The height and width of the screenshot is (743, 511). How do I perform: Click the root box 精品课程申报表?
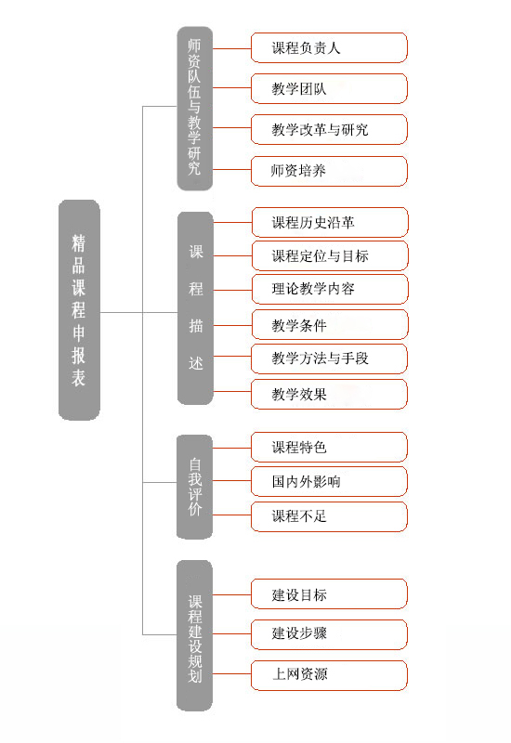[79, 310]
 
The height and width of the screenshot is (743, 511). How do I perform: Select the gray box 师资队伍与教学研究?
[194, 109]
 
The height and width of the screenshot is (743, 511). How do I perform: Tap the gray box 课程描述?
[195, 308]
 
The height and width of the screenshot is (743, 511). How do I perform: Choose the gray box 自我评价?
[194, 487]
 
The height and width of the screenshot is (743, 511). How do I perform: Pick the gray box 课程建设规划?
[194, 635]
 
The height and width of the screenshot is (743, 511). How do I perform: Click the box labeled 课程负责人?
[329, 48]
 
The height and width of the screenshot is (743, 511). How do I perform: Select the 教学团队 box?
[329, 88]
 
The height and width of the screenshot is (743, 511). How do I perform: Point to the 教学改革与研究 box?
[329, 129]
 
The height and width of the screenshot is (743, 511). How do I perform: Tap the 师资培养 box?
[329, 171]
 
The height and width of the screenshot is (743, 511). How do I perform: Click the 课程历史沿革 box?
[330, 222]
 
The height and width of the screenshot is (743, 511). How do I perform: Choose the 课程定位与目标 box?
[330, 256]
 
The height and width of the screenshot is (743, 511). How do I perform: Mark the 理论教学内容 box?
[330, 289]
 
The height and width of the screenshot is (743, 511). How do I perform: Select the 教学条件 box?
[330, 324]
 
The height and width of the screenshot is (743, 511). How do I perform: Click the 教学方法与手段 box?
[329, 358]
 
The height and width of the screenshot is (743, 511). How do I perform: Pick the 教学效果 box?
[329, 394]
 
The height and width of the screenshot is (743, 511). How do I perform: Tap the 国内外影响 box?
[329, 481]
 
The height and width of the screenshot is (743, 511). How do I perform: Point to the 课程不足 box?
[329, 516]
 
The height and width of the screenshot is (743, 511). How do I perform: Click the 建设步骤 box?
[329, 634]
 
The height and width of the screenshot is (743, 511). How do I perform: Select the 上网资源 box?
[329, 675]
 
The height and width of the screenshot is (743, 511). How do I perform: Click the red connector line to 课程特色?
[231, 448]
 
